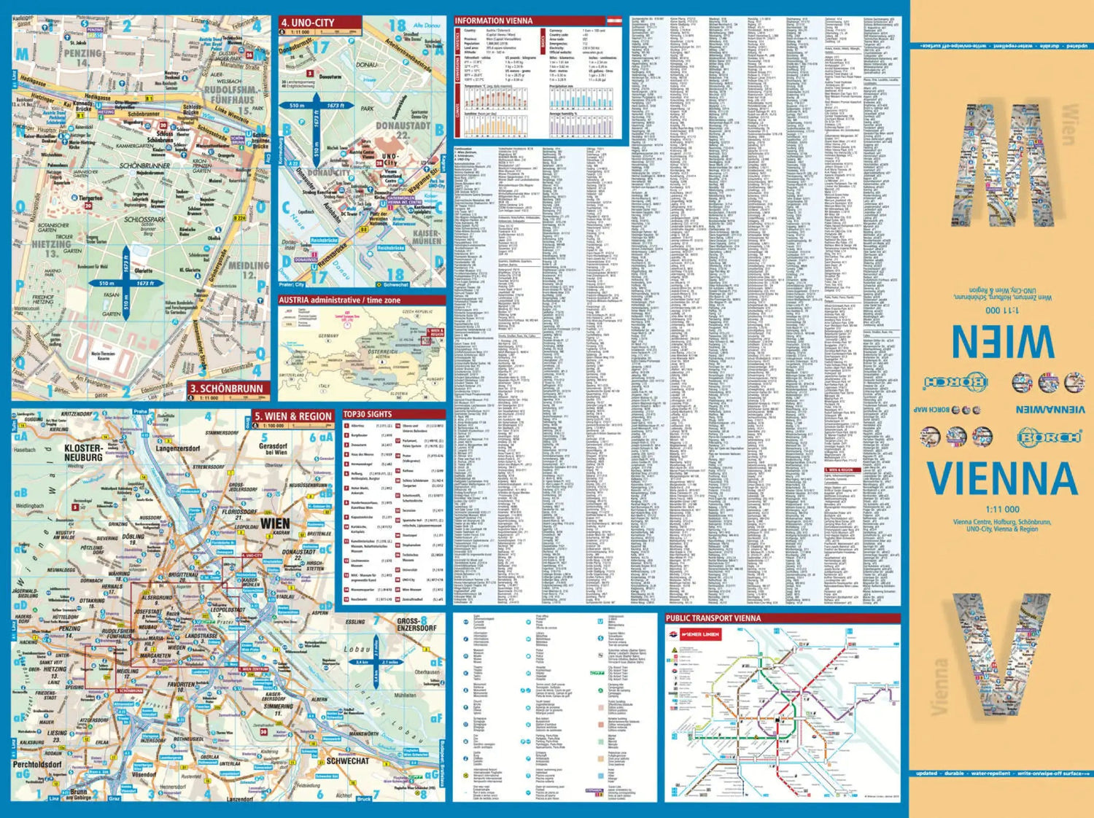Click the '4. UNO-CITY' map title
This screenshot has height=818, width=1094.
[x=309, y=23]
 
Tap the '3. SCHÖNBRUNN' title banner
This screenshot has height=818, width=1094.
[x=226, y=389]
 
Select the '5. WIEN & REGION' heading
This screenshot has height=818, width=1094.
[x=293, y=416]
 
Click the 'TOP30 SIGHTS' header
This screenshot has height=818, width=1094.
[x=368, y=414]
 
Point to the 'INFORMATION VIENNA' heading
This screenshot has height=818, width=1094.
[x=494, y=20]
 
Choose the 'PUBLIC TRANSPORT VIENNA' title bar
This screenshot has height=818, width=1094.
[x=713, y=618]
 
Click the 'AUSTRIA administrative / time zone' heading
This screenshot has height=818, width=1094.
[x=339, y=300]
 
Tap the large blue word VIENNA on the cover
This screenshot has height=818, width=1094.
[x=1002, y=479]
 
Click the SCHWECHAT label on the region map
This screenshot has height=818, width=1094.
[x=347, y=760]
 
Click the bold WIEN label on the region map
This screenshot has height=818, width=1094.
[x=275, y=523]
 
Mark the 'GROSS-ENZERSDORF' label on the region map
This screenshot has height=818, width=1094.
[x=416, y=625]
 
